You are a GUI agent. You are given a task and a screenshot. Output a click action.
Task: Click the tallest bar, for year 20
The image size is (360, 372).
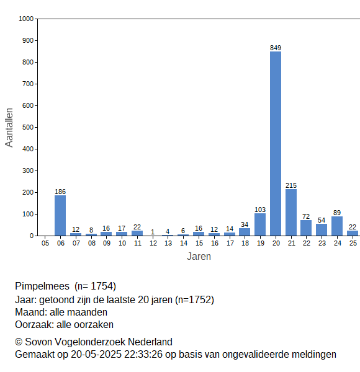(x=276, y=144)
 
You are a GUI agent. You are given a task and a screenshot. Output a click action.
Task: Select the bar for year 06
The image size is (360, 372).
(x=60, y=215)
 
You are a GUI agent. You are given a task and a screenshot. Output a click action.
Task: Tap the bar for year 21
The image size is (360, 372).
(x=291, y=212)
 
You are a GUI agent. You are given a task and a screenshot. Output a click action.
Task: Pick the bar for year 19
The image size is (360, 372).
(x=260, y=224)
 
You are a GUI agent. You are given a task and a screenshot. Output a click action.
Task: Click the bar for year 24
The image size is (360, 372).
(x=337, y=226)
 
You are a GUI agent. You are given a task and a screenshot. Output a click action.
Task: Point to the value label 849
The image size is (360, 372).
(x=276, y=48)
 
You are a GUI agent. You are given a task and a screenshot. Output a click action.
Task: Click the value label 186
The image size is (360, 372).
(x=60, y=192)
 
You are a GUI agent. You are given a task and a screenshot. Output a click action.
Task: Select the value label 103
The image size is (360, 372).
(x=260, y=210)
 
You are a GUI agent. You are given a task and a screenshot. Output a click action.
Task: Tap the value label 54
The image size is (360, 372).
(x=322, y=220)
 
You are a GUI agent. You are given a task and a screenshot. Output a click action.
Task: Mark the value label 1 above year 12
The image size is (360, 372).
(x=153, y=232)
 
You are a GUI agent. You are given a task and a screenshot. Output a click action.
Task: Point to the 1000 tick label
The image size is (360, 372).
(x=26, y=19)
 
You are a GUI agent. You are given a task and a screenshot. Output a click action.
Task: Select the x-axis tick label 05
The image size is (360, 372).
(x=45, y=243)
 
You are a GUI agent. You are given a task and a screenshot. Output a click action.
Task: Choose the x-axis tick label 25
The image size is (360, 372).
(x=353, y=243)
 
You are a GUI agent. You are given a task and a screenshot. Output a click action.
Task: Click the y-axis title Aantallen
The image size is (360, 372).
(x=9, y=128)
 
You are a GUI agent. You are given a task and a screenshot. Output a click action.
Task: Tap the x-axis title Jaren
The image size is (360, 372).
(x=199, y=257)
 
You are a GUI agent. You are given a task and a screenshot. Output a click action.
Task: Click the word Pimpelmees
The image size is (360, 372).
(x=42, y=286)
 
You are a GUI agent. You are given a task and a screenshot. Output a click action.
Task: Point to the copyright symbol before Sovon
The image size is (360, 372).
(x=19, y=342)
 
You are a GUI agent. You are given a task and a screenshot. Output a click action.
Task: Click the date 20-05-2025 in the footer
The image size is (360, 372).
(x=96, y=355)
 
